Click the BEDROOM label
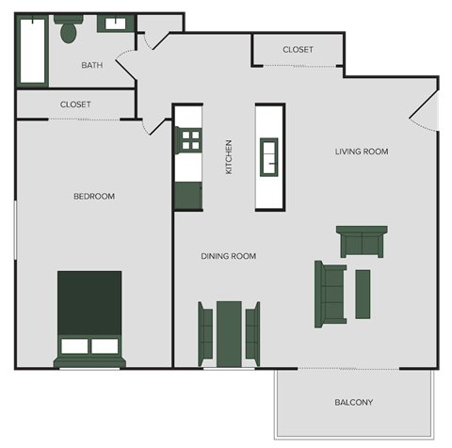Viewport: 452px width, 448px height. pos(94,196)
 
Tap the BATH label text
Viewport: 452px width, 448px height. pos(92,65)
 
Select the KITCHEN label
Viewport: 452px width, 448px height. pos(228,157)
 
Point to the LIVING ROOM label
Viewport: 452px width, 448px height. pos(362,152)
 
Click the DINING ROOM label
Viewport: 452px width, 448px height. pos(228,256)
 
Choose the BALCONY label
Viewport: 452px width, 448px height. pos(354,403)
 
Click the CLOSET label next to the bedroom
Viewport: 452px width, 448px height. pos(75,104)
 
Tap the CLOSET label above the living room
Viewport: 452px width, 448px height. pos(298,50)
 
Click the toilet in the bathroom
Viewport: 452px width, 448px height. pos(67,31)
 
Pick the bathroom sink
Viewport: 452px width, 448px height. pos(120,24)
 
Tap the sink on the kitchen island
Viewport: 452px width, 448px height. pos(269,156)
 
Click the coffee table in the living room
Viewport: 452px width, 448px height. pos(363,294)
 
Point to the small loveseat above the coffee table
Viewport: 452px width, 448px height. pos(363,242)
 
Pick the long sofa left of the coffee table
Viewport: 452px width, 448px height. pos(331,294)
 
